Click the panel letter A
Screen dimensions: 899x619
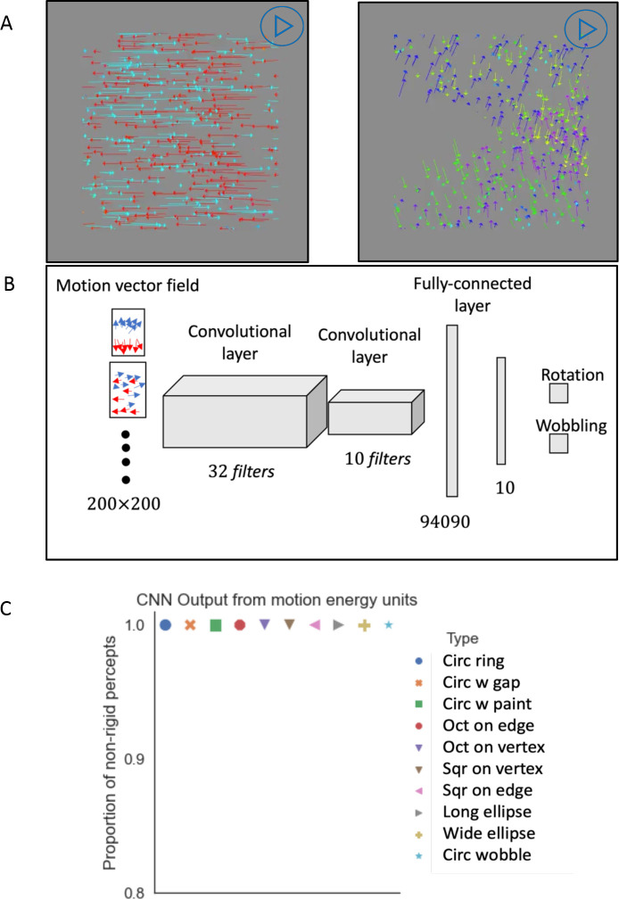tap(8, 24)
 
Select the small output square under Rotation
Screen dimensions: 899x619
tap(558, 392)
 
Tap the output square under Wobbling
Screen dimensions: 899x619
tap(558, 443)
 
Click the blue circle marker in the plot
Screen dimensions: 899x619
tap(165, 625)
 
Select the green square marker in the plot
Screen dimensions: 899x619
tap(215, 626)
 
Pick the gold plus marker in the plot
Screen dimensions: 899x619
tap(364, 626)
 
